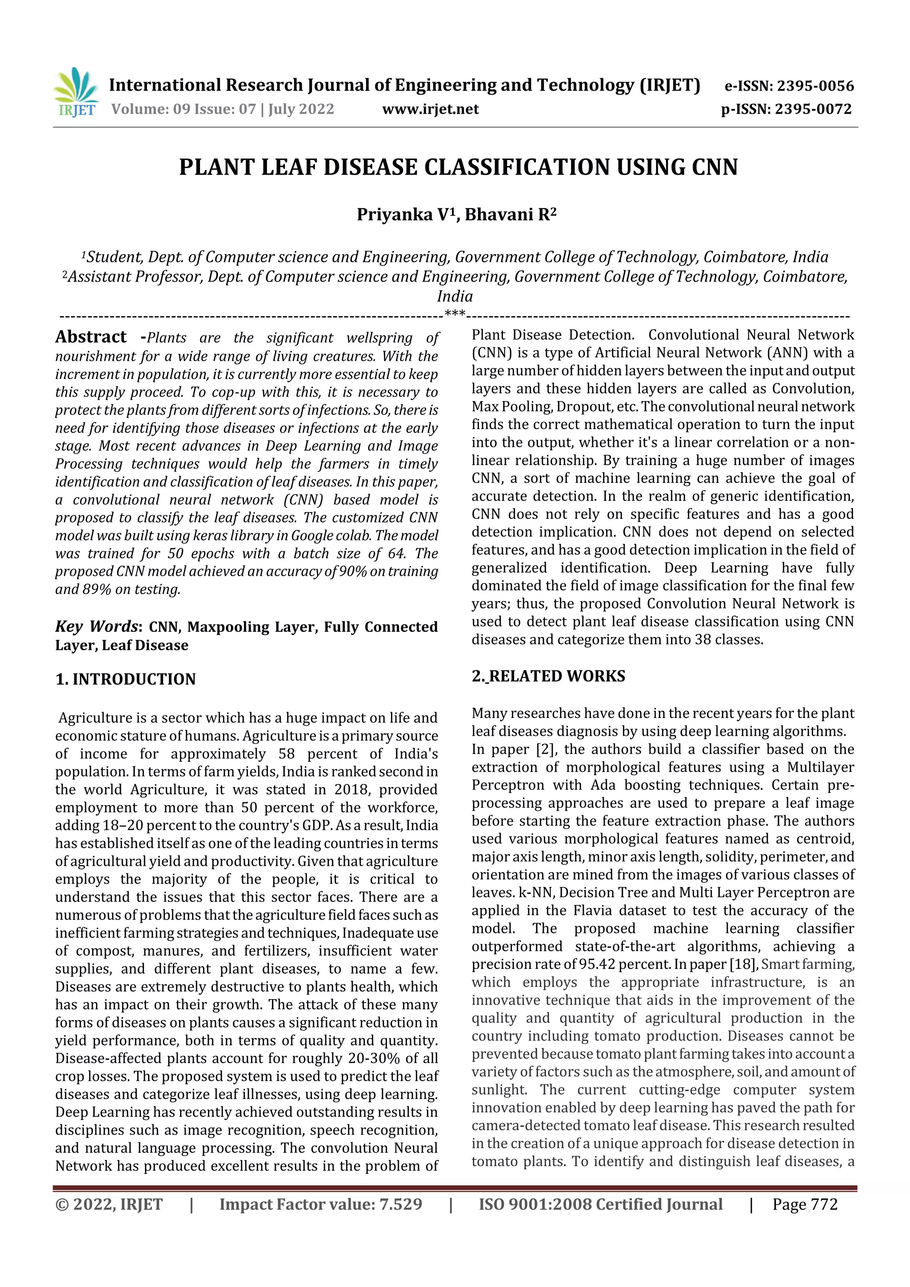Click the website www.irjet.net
430,109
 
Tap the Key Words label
96,626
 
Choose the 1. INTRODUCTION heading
126,679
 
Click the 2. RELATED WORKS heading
548,676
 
